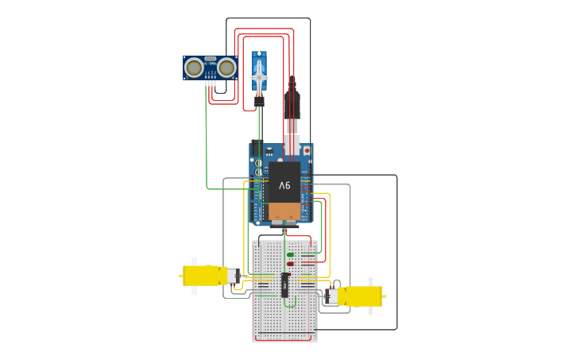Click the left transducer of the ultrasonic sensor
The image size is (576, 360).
(193, 68)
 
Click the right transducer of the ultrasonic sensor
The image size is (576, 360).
(227, 68)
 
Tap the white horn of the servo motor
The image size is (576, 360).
(260, 78)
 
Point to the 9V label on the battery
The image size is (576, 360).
(284, 185)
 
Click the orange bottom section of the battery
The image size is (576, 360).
(284, 211)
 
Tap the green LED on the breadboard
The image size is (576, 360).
(290, 254)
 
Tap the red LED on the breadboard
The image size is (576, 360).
(290, 264)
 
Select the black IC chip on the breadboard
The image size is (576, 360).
(284, 285)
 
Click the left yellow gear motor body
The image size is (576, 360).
(201, 276)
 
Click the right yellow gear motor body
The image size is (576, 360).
(364, 296)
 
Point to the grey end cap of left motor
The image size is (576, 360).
(233, 276)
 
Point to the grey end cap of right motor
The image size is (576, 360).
(332, 296)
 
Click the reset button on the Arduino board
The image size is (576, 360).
(307, 149)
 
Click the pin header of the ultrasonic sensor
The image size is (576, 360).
(210, 82)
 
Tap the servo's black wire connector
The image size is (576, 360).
(259, 102)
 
